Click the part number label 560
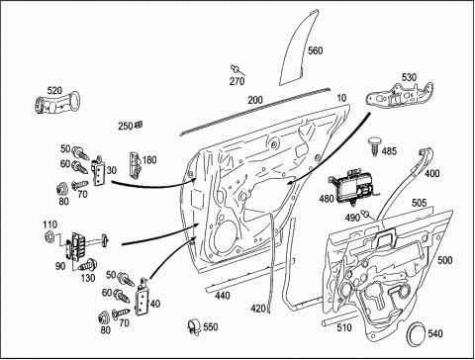click(x=315, y=50)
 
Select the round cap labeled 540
click(x=416, y=334)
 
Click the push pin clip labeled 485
click(x=374, y=145)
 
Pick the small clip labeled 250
click(x=139, y=125)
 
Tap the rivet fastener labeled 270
click(x=237, y=70)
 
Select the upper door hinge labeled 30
click(x=98, y=170)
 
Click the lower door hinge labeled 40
click(x=142, y=298)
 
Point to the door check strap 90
click(x=86, y=245)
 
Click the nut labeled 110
click(x=49, y=236)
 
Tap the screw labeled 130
click(x=88, y=265)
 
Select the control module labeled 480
click(x=353, y=188)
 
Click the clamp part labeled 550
click(x=195, y=327)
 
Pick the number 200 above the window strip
click(x=255, y=100)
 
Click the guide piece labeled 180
click(x=135, y=163)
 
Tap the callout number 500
click(x=444, y=260)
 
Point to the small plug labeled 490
click(x=366, y=214)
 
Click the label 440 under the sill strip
click(x=223, y=296)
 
